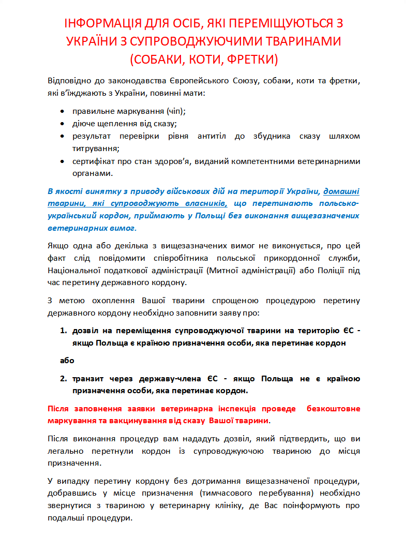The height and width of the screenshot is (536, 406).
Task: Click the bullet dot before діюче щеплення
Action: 63,124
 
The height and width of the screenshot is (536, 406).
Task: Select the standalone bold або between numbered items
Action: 67,360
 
